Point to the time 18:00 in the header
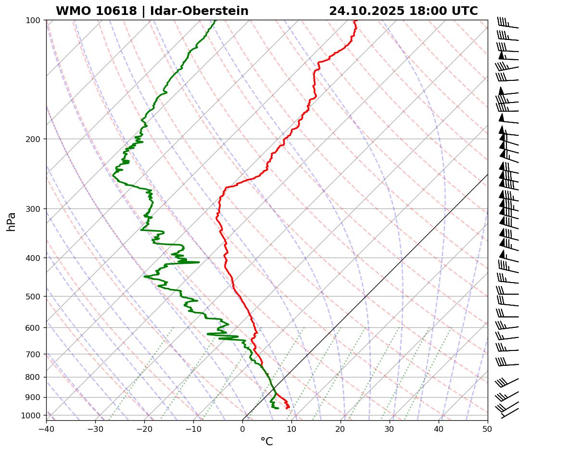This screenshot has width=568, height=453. tap(428, 11)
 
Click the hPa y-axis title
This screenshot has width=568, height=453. tap(11, 222)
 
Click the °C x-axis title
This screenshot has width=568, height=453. tap(266, 442)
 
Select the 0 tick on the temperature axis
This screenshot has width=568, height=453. tap(242, 428)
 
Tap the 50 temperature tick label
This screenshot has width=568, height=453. tap(488, 428)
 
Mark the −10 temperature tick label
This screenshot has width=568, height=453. tap(193, 428)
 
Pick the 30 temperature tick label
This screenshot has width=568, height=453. tap(390, 428)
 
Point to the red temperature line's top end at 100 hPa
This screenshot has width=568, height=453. tap(354, 21)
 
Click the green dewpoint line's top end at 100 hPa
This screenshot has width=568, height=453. tap(215, 21)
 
